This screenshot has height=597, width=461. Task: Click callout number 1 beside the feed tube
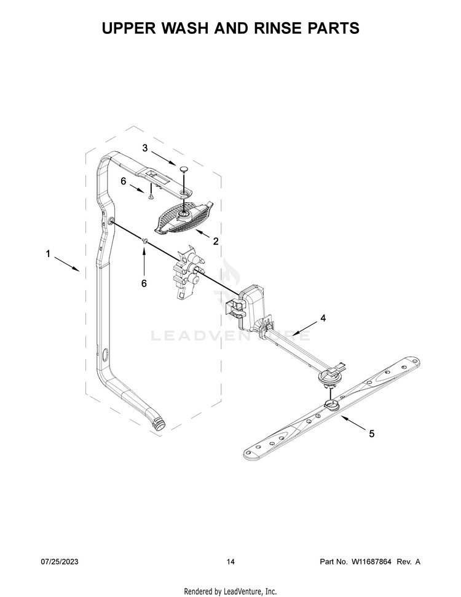(x=48, y=253)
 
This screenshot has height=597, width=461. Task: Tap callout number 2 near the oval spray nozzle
(x=216, y=242)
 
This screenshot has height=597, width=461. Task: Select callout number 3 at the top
(x=144, y=148)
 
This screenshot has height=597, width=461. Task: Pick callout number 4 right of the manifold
(x=323, y=318)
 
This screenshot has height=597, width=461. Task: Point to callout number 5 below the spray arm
(x=371, y=433)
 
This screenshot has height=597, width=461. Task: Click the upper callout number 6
(x=124, y=181)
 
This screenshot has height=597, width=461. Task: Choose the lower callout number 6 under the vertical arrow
(x=144, y=283)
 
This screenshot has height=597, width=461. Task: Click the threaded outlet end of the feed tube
(x=159, y=424)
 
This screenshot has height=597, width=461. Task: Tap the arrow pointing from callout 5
(x=353, y=424)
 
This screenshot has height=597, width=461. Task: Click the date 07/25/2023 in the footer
(x=60, y=561)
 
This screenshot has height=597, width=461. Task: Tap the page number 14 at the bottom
(x=230, y=561)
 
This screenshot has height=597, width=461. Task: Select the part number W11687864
(x=371, y=561)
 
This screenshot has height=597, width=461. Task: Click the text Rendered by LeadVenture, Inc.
(x=230, y=591)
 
